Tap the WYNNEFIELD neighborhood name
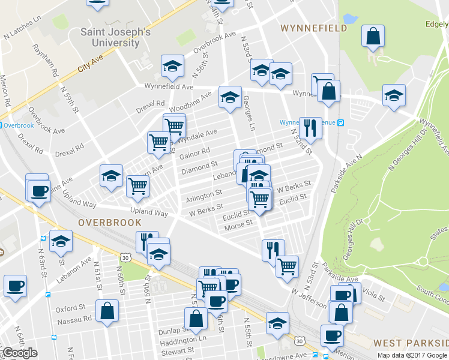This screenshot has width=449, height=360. click(x=314, y=28)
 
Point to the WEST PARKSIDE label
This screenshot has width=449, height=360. click(x=411, y=343)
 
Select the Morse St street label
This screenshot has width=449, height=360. click(x=237, y=227)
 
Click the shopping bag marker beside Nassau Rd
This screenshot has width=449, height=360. click(x=107, y=311)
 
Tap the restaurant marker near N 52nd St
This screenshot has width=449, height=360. click(x=310, y=127)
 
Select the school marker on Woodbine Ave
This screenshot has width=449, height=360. click(x=230, y=97)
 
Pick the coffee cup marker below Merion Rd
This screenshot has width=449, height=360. click(x=15, y=286)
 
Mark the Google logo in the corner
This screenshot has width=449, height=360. click(x=19, y=353)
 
